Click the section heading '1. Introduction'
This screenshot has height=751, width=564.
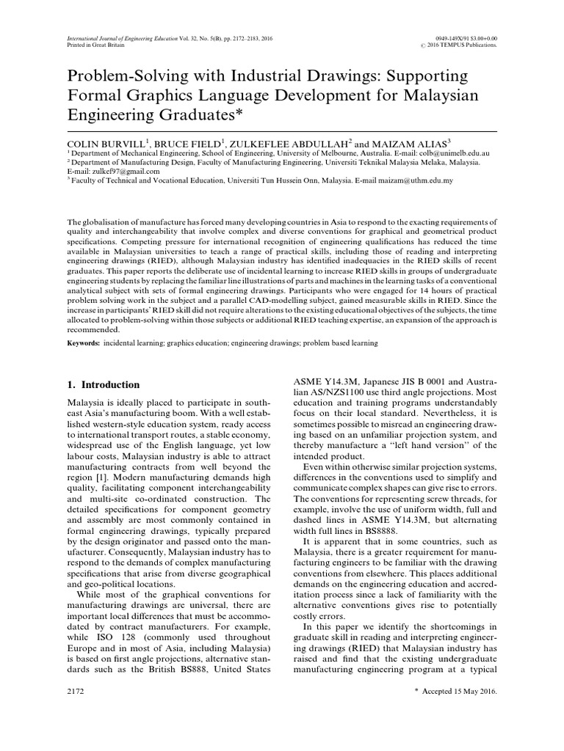pos(102,384)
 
